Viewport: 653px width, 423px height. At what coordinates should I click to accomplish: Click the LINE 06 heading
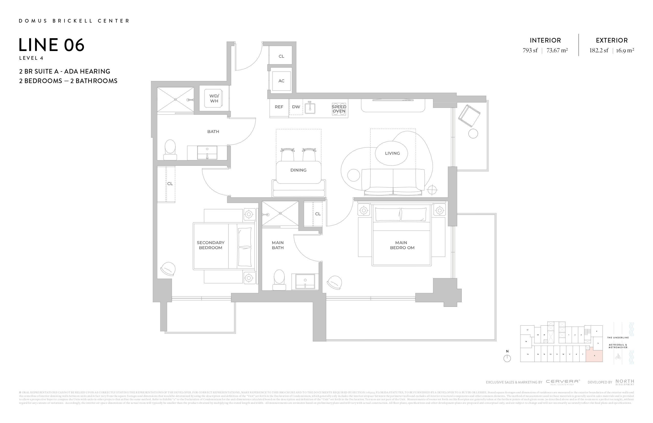[x=51, y=45]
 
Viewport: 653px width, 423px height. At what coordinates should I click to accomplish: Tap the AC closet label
[x=281, y=81]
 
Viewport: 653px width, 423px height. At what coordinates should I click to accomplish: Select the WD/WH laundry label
[x=214, y=98]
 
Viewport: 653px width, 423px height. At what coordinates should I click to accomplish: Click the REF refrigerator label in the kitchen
[x=279, y=107]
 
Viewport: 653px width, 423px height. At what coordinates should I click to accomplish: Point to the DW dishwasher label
[x=296, y=107]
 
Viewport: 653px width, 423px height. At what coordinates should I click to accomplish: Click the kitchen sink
[x=310, y=108]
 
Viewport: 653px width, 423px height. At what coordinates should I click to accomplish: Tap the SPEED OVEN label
[x=339, y=109]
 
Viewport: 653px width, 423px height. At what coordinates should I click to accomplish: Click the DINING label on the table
[x=298, y=170]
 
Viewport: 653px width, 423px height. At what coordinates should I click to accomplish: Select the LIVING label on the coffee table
[x=392, y=153]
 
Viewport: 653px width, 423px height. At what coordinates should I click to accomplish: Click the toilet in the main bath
[x=279, y=280]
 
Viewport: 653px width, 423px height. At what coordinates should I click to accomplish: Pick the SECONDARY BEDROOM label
[x=210, y=245]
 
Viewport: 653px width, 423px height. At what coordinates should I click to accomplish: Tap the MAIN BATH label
[x=278, y=245]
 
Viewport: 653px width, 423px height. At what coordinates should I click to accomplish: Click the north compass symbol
[x=507, y=358]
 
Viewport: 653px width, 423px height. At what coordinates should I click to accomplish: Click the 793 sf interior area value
[x=530, y=51]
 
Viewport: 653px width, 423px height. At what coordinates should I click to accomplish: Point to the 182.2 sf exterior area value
[x=599, y=51]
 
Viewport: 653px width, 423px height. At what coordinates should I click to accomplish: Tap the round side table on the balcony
[x=473, y=134]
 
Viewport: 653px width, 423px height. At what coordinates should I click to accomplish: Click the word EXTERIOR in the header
[x=612, y=41]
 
